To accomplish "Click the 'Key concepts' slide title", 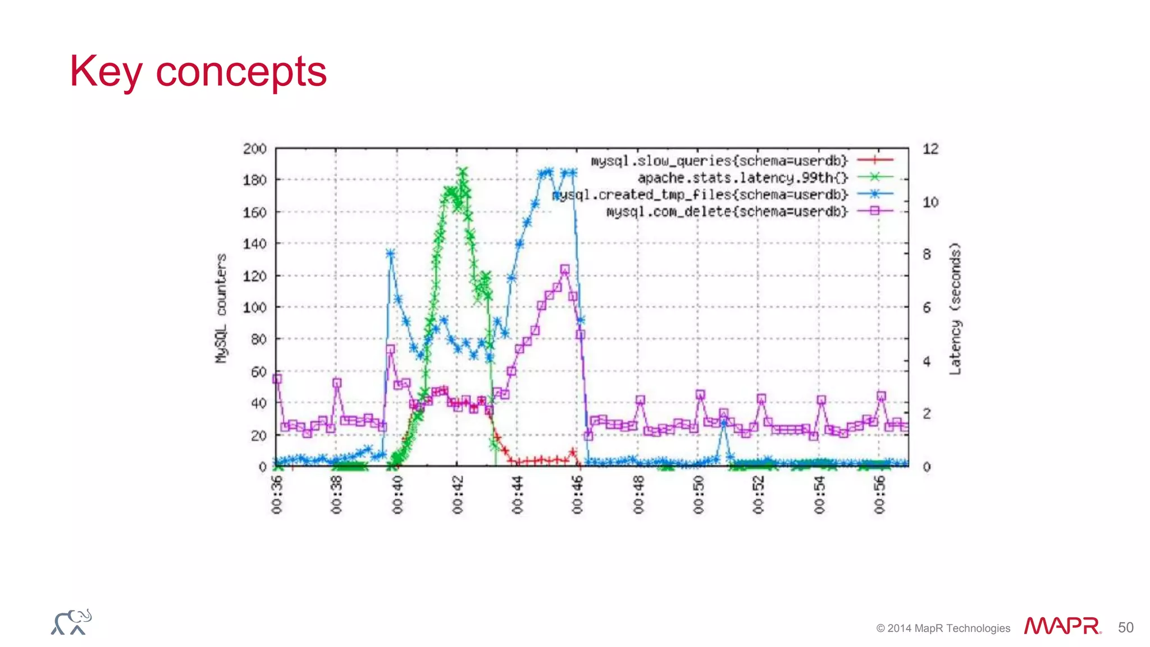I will pyautogui.click(x=198, y=72).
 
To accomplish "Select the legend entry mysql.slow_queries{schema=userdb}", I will pyautogui.click(x=718, y=161).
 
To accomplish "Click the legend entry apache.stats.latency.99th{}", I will pyautogui.click(x=742, y=178).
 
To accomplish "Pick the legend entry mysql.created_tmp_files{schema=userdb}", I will pyautogui.click(x=700, y=195).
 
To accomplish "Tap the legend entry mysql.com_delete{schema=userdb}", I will pyautogui.click(x=726, y=212).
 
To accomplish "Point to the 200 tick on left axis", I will pyautogui.click(x=254, y=149).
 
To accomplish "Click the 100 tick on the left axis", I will pyautogui.click(x=254, y=308).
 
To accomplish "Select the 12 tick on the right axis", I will pyautogui.click(x=930, y=149).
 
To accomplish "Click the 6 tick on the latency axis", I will pyautogui.click(x=927, y=308).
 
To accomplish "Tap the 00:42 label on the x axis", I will pyautogui.click(x=458, y=495).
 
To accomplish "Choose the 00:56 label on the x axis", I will pyautogui.click(x=879, y=495).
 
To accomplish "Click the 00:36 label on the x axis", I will pyautogui.click(x=277, y=495).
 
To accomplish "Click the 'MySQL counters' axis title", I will pyautogui.click(x=221, y=308).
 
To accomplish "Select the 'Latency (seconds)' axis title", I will pyautogui.click(x=955, y=308).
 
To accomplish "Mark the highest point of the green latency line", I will pyautogui.click(x=463, y=171).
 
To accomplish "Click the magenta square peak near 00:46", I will pyautogui.click(x=565, y=270).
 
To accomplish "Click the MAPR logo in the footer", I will pyautogui.click(x=1062, y=626).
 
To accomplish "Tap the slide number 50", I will pyautogui.click(x=1125, y=627).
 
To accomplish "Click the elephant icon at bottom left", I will pyautogui.click(x=71, y=622).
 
